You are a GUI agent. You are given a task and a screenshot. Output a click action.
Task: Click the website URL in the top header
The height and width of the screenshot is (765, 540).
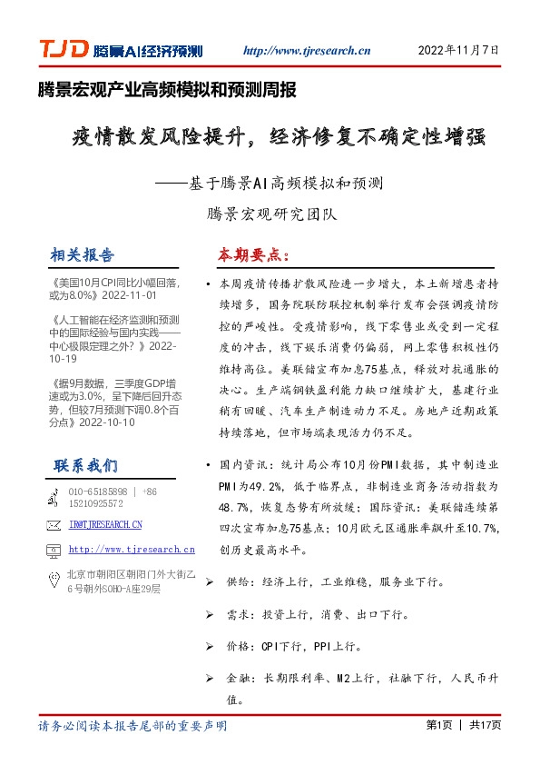(x=307, y=51)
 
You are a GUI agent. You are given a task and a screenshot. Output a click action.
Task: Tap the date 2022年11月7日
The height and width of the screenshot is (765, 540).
(x=458, y=51)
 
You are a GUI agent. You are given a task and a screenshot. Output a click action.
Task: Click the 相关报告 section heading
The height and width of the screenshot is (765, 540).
(x=83, y=253)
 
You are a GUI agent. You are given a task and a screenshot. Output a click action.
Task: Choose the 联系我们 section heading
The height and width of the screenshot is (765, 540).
(x=85, y=466)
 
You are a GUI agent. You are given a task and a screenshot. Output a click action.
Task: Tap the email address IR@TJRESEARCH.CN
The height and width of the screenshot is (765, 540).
(x=105, y=525)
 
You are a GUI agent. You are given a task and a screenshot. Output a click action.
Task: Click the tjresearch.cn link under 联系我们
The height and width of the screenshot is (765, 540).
(x=132, y=550)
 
